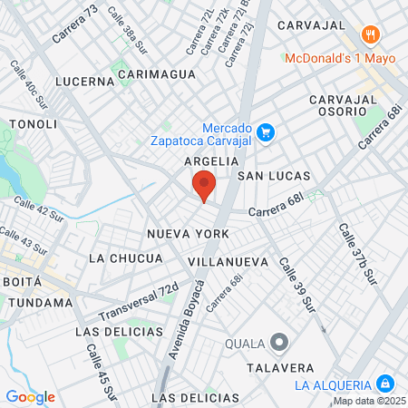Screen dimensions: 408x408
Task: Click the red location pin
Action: click(204, 184)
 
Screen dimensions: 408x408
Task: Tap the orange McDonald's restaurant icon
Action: click(369, 35)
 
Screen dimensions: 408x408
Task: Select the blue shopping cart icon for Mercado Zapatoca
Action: click(266, 133)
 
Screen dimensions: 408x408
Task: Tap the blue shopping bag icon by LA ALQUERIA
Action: click(384, 384)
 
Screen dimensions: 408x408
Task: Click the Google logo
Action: click(30, 396)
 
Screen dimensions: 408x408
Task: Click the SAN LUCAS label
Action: click(274, 175)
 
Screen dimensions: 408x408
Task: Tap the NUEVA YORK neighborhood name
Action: click(189, 234)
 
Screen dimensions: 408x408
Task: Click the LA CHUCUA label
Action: click(126, 258)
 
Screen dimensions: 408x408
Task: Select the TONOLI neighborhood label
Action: click(33, 122)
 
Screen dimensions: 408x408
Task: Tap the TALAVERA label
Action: click(280, 368)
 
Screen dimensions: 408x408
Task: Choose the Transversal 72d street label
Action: click(139, 303)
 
